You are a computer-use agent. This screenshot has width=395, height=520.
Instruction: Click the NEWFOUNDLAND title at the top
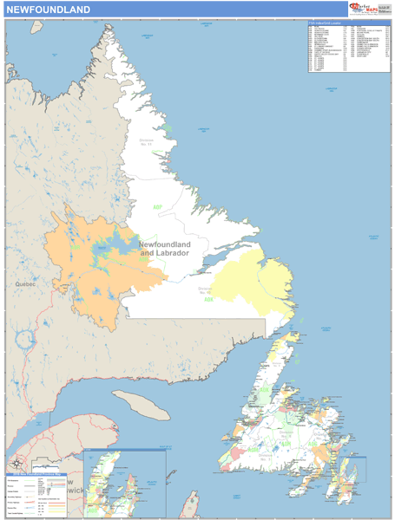(x=48, y=10)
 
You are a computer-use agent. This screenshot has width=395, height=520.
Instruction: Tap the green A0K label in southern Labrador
(x=208, y=300)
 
